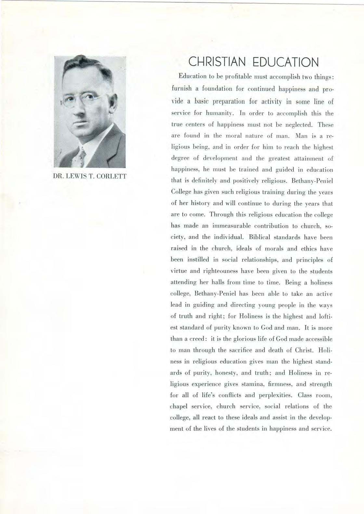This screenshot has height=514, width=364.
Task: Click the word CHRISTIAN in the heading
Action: coord(217,62)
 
